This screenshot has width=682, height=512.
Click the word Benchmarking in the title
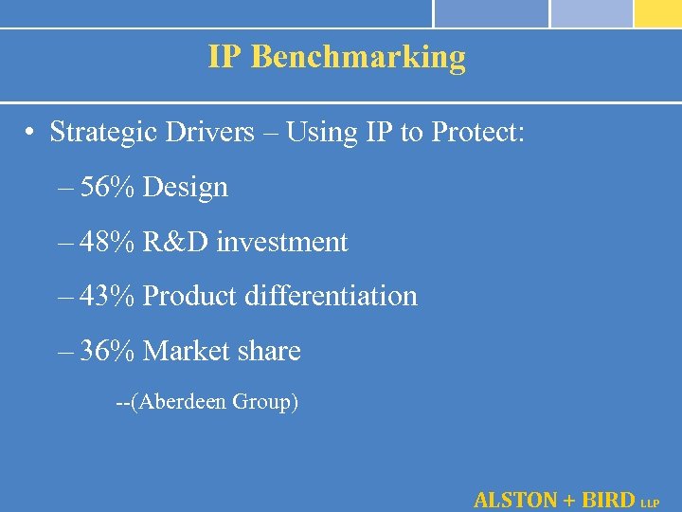click(359, 58)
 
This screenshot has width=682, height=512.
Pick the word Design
click(186, 188)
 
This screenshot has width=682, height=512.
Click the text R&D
click(176, 243)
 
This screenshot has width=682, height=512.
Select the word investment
click(282, 243)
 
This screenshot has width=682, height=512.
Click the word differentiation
click(331, 297)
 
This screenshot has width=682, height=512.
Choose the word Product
click(189, 297)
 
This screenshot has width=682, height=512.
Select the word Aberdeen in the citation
click(180, 402)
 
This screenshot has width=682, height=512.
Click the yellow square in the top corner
click(658, 13)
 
